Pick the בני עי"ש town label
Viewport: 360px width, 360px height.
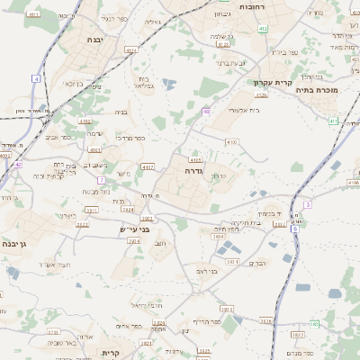(133, 229)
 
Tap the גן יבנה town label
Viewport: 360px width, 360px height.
(15, 244)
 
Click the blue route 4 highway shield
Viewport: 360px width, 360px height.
(36, 79)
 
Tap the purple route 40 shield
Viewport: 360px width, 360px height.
(206, 112)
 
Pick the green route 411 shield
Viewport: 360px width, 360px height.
(333, 120)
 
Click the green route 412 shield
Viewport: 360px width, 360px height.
(263, 30)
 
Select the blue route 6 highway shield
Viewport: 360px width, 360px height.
(295, 229)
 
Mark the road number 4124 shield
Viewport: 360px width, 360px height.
(132, 50)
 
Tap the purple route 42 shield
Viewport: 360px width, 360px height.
(18, 165)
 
